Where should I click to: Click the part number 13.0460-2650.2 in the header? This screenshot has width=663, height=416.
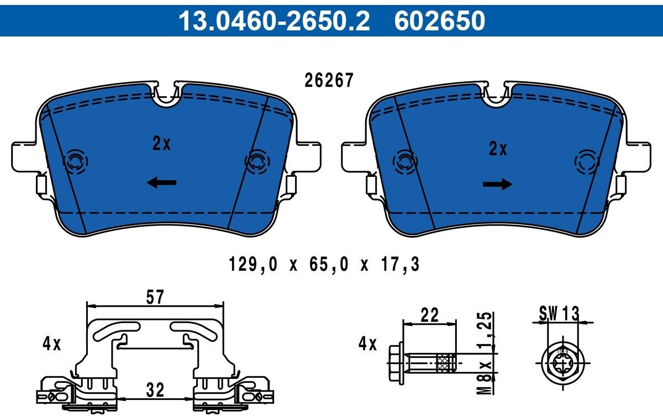[x=274, y=20]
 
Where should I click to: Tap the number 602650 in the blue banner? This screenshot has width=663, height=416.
[x=440, y=20]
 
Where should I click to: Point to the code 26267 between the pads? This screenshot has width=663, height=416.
[x=329, y=80]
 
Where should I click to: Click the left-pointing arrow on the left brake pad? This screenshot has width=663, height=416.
[x=161, y=182]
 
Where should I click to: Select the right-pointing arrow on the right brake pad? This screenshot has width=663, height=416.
[x=497, y=184]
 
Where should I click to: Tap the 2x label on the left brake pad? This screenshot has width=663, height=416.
[x=161, y=144]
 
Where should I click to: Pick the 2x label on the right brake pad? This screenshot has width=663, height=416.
[x=498, y=149]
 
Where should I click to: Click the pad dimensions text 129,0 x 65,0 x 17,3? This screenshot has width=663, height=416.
[x=324, y=264]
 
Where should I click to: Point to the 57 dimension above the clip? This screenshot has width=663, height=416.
[x=155, y=297]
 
